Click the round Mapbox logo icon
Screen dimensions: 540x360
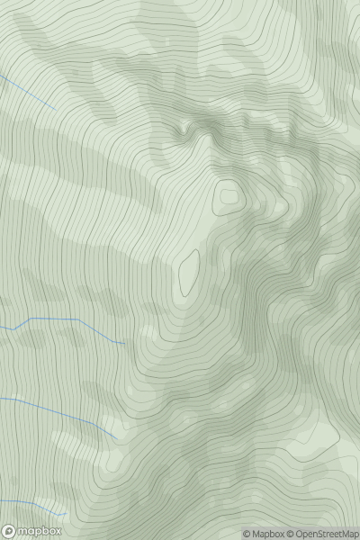pyautogui.click(x=8, y=531)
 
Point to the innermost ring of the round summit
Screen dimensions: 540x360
pyautogui.click(x=229, y=193)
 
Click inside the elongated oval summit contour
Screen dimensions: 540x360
pyautogui.click(x=189, y=271)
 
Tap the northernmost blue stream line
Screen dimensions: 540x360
pyautogui.click(x=27, y=91)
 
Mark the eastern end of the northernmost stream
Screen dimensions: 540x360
pyautogui.click(x=56, y=110)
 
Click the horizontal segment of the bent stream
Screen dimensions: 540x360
pyautogui.click(x=54, y=319)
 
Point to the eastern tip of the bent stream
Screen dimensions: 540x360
pyautogui.click(x=123, y=344)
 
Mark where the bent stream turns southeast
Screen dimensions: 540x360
pyautogui.click(x=80, y=319)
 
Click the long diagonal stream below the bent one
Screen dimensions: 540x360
pyautogui.click(x=63, y=414)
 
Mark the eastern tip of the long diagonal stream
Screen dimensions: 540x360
pyautogui.click(x=116, y=439)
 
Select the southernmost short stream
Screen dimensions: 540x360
pyautogui.click(x=36, y=508)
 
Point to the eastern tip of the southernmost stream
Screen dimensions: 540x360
pyautogui.click(x=65, y=515)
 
